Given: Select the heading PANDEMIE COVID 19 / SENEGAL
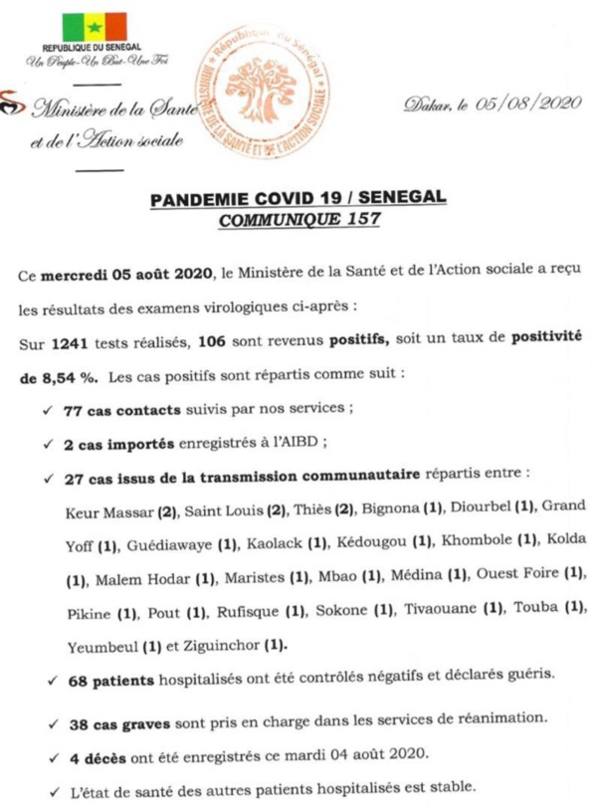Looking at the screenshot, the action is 298,201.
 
